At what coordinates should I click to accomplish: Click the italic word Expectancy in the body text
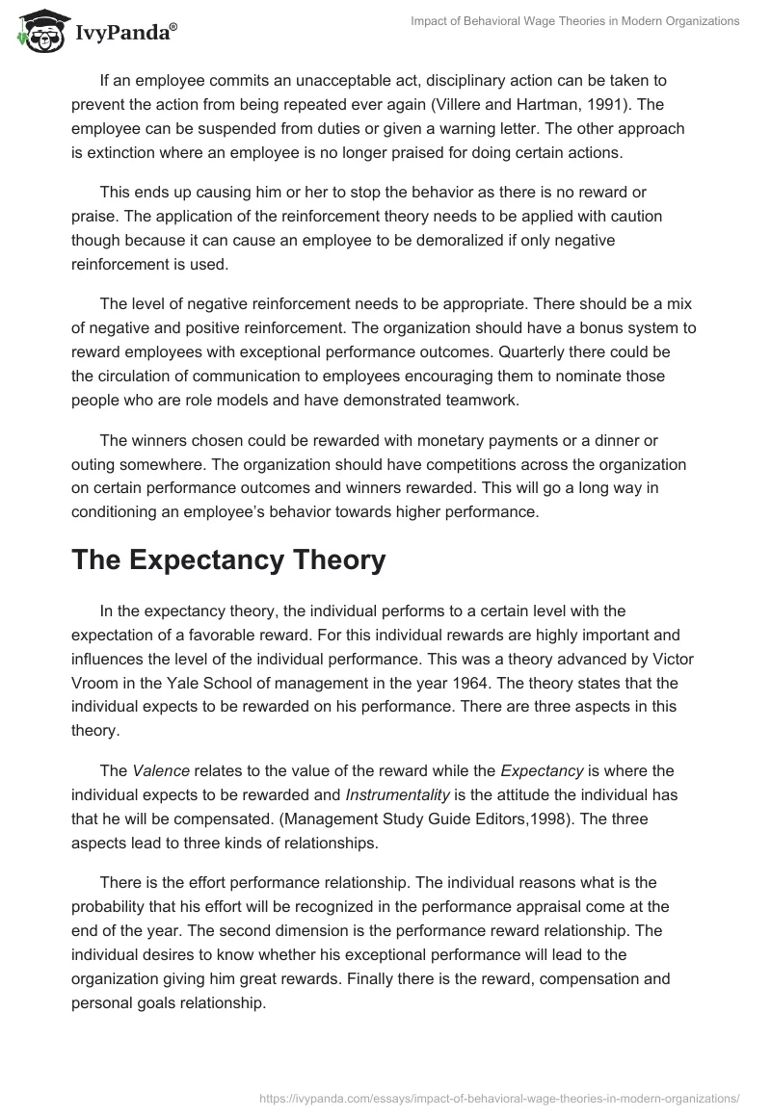543,769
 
